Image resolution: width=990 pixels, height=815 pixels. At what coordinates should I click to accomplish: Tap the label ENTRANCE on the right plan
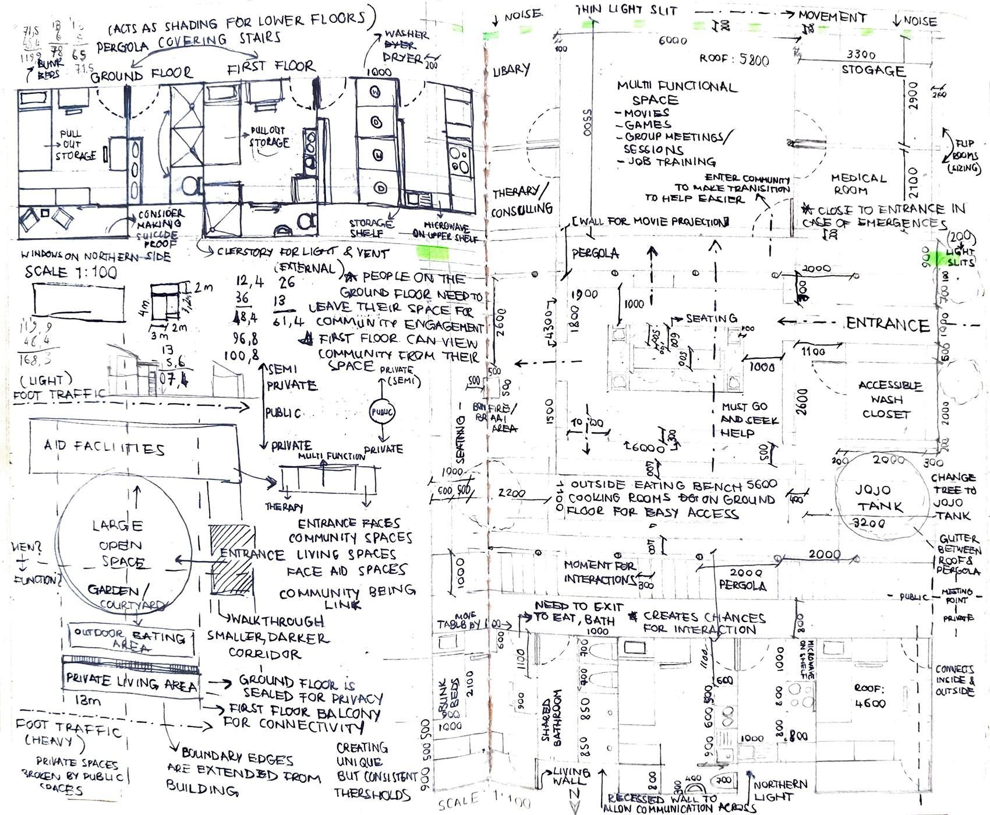click(887, 324)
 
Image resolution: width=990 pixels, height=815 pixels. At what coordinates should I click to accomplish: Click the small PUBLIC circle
click(383, 412)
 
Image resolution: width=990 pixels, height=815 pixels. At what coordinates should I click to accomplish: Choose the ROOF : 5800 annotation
click(734, 59)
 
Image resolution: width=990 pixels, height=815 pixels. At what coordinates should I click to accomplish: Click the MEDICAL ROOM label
click(858, 184)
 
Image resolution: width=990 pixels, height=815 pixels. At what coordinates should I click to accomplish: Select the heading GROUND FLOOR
click(142, 73)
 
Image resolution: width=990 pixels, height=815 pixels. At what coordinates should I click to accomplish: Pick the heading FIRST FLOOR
click(271, 68)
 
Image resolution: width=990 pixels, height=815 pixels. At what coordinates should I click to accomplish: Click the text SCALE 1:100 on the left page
click(70, 272)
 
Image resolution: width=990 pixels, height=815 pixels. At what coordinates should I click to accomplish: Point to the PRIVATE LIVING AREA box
click(132, 682)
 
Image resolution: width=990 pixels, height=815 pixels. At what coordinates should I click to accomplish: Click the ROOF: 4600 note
click(869, 696)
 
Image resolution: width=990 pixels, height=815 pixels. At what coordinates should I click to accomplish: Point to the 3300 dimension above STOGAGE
click(861, 54)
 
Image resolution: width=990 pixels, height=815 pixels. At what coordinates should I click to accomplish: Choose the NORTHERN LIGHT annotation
click(780, 791)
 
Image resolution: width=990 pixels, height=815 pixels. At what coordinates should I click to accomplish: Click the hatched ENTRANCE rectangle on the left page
click(232, 559)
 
